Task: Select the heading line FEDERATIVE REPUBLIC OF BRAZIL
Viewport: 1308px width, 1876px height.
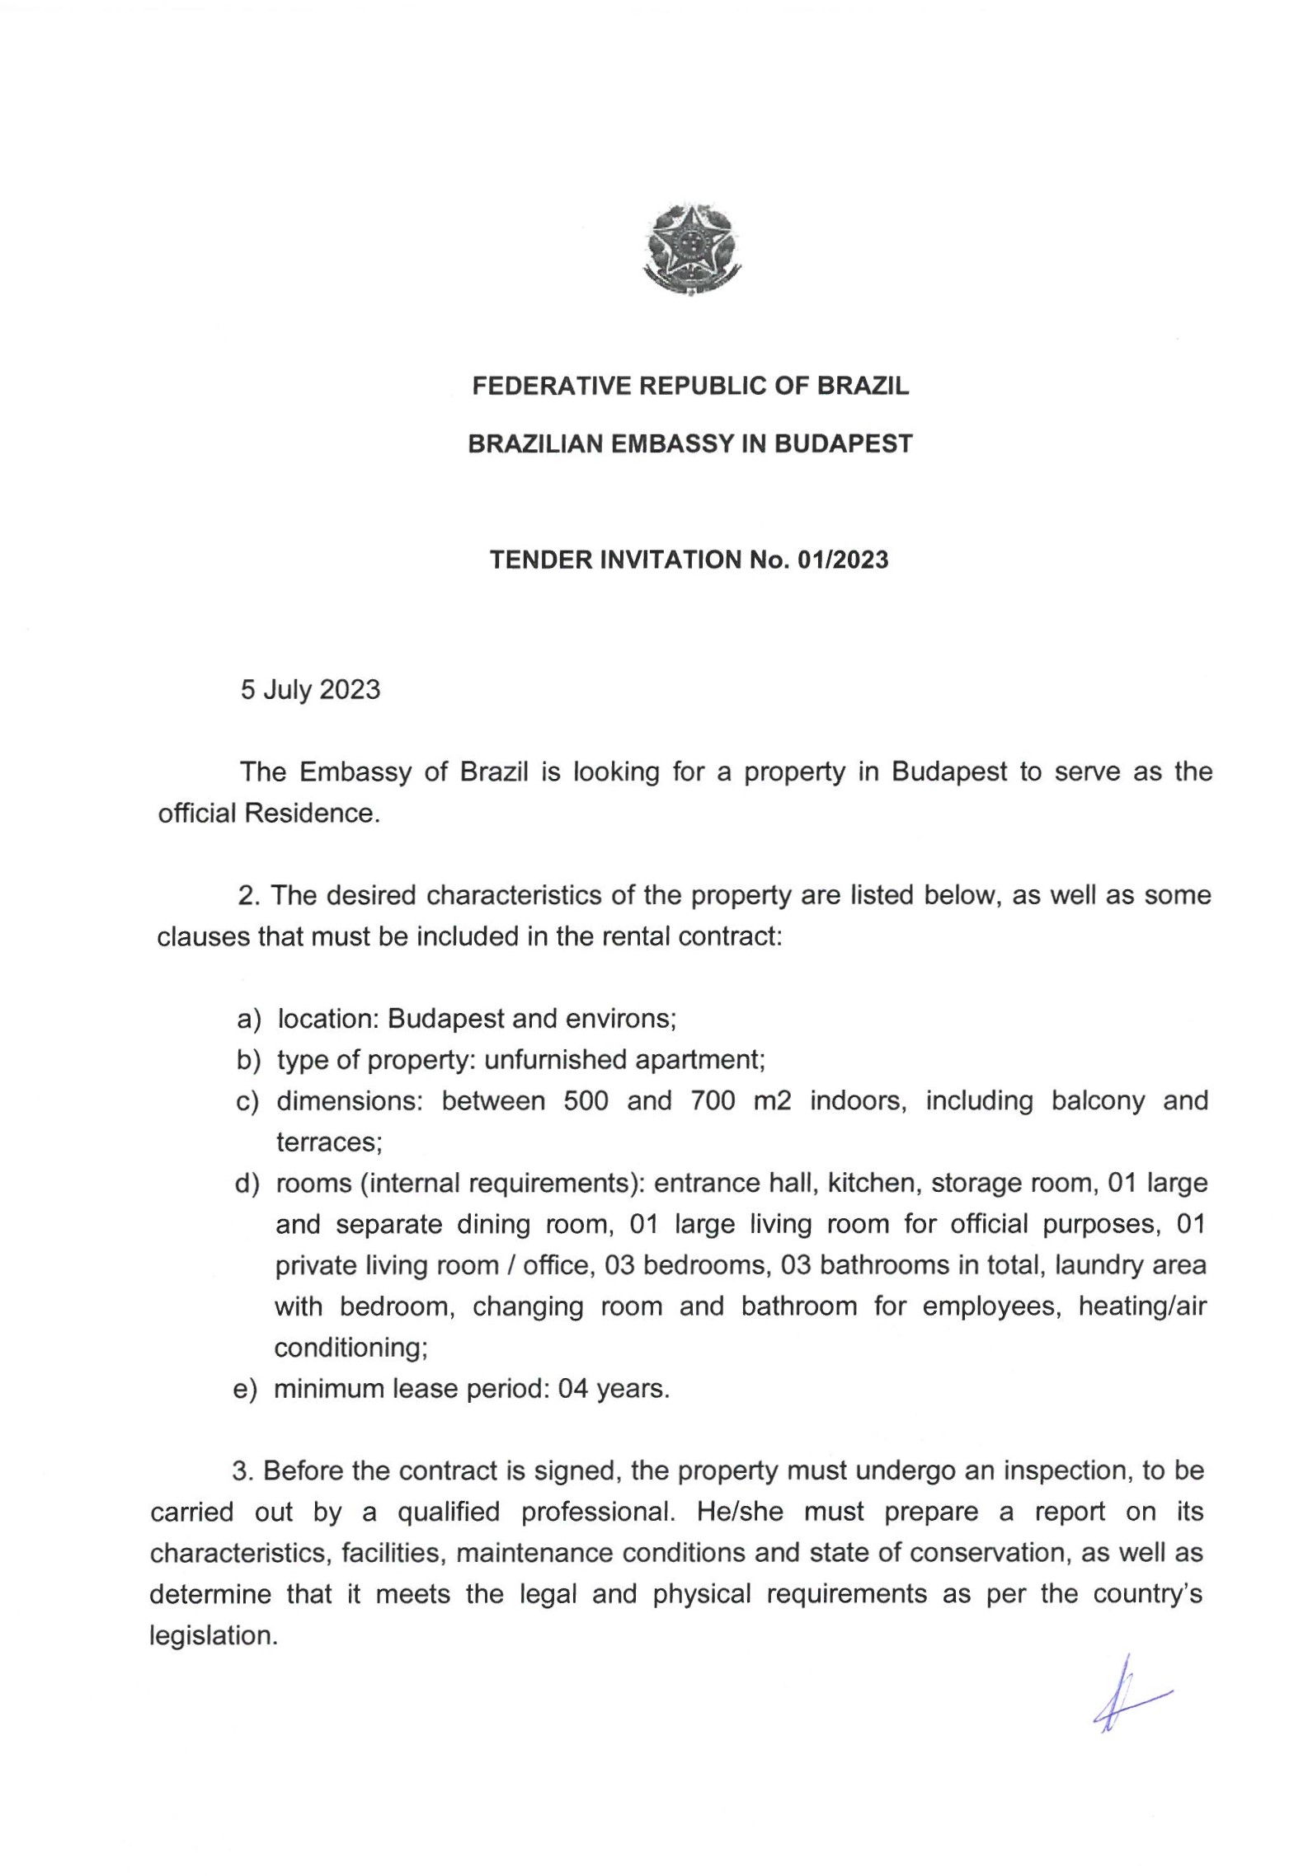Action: tap(690, 386)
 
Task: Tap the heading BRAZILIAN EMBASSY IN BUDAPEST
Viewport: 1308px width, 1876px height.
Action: tap(690, 444)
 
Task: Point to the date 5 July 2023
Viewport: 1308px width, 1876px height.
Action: tap(310, 689)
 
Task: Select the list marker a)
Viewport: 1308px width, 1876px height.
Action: tap(248, 1020)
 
